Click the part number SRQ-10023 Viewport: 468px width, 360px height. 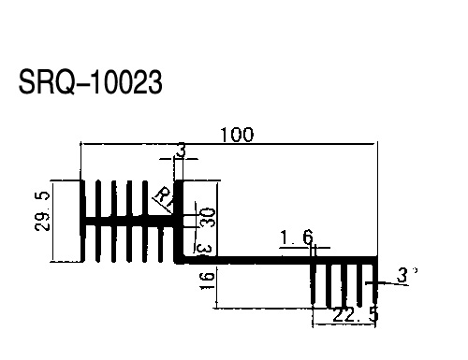(91, 81)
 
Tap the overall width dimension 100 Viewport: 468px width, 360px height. (237, 135)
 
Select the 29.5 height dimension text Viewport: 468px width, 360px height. (42, 211)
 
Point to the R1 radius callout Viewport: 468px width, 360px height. (164, 198)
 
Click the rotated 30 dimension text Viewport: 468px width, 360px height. (208, 218)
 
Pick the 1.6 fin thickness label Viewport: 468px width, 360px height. (297, 238)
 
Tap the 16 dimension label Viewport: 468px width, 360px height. (207, 281)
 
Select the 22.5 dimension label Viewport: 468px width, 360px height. (356, 315)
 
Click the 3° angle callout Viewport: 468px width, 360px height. (406, 275)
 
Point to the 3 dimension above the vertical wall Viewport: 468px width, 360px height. (181, 151)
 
